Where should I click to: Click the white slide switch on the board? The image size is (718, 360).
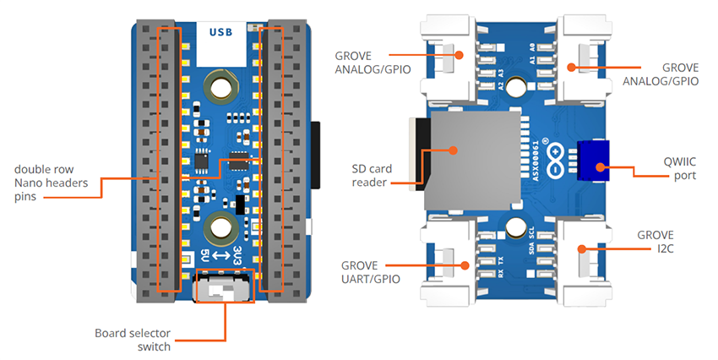point(222,290)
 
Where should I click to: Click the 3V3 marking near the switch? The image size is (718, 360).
point(239,256)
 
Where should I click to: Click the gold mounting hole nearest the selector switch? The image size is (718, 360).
point(223,226)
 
